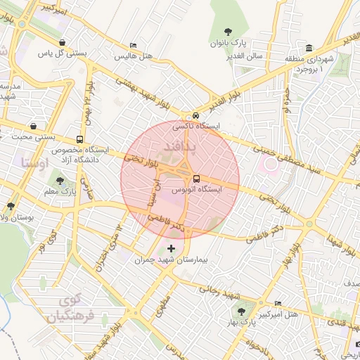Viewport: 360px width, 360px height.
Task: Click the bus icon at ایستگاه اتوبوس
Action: (x=196, y=178)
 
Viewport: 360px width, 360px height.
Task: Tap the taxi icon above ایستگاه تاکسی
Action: (x=196, y=116)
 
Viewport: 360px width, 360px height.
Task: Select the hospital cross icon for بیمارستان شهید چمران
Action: (x=171, y=248)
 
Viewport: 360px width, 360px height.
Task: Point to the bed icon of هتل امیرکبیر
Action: (x=279, y=302)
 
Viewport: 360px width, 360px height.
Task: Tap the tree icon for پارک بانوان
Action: (x=227, y=31)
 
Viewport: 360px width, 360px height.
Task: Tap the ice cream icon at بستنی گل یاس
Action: (x=63, y=41)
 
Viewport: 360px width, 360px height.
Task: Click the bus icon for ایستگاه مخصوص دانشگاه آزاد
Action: (x=79, y=139)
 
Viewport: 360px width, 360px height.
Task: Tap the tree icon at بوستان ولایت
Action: (x=11, y=206)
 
